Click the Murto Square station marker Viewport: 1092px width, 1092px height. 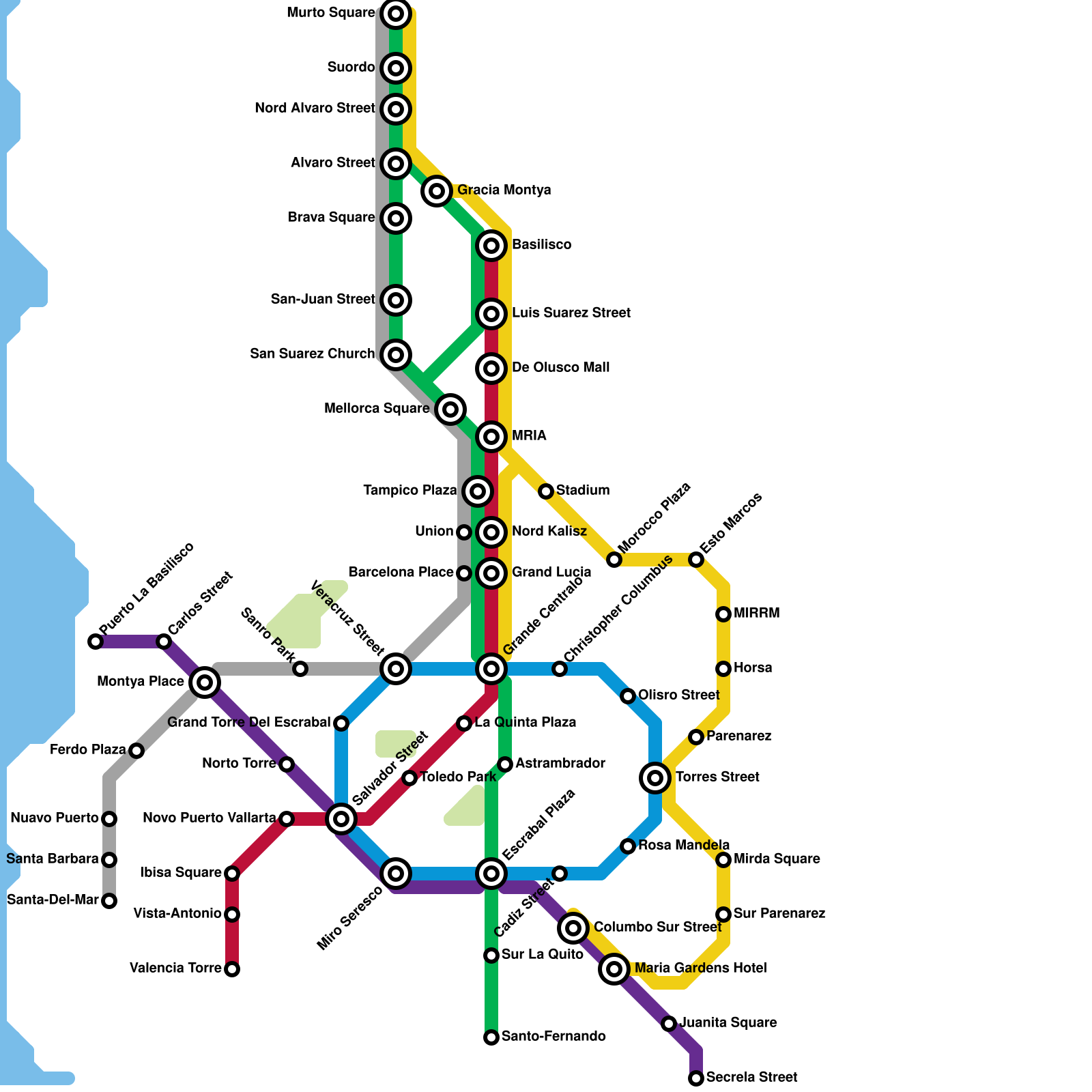click(396, 13)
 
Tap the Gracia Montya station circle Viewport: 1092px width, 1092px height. click(437, 190)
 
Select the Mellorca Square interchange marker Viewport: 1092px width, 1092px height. click(450, 409)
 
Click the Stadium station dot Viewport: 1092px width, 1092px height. click(545, 491)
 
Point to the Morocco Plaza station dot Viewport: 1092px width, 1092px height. click(614, 560)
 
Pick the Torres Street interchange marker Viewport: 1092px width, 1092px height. click(655, 777)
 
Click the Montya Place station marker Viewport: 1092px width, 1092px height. click(205, 682)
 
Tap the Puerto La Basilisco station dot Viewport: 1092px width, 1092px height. click(96, 642)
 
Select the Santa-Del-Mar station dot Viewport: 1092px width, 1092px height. click(109, 901)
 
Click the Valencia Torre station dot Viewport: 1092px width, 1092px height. click(232, 969)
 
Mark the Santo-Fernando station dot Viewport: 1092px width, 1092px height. click(491, 1037)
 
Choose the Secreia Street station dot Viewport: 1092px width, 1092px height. click(696, 1078)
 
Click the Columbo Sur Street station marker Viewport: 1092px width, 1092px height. click(573, 928)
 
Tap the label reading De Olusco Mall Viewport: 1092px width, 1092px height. click(560, 368)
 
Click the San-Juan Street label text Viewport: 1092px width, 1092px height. click(323, 300)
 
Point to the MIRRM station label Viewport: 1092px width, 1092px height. click(756, 614)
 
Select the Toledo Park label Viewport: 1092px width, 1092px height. click(457, 777)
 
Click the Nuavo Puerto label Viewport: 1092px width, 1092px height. click(55, 818)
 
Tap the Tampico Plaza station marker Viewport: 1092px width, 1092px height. click(478, 491)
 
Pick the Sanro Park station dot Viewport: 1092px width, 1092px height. click(300, 669)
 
